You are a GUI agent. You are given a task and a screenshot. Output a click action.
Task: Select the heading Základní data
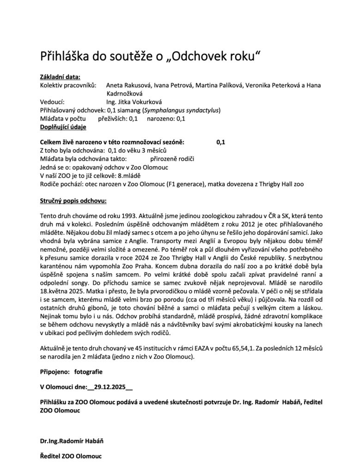60,77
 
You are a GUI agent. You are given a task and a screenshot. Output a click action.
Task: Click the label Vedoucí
52,102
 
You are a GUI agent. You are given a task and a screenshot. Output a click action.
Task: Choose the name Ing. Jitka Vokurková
134,102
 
